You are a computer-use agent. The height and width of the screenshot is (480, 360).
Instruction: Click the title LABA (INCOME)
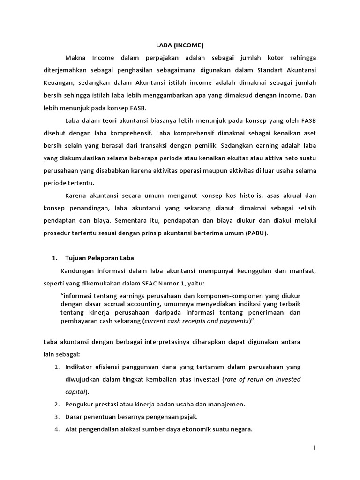[x=180, y=45]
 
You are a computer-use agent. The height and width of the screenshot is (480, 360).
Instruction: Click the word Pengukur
[x=80, y=404]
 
